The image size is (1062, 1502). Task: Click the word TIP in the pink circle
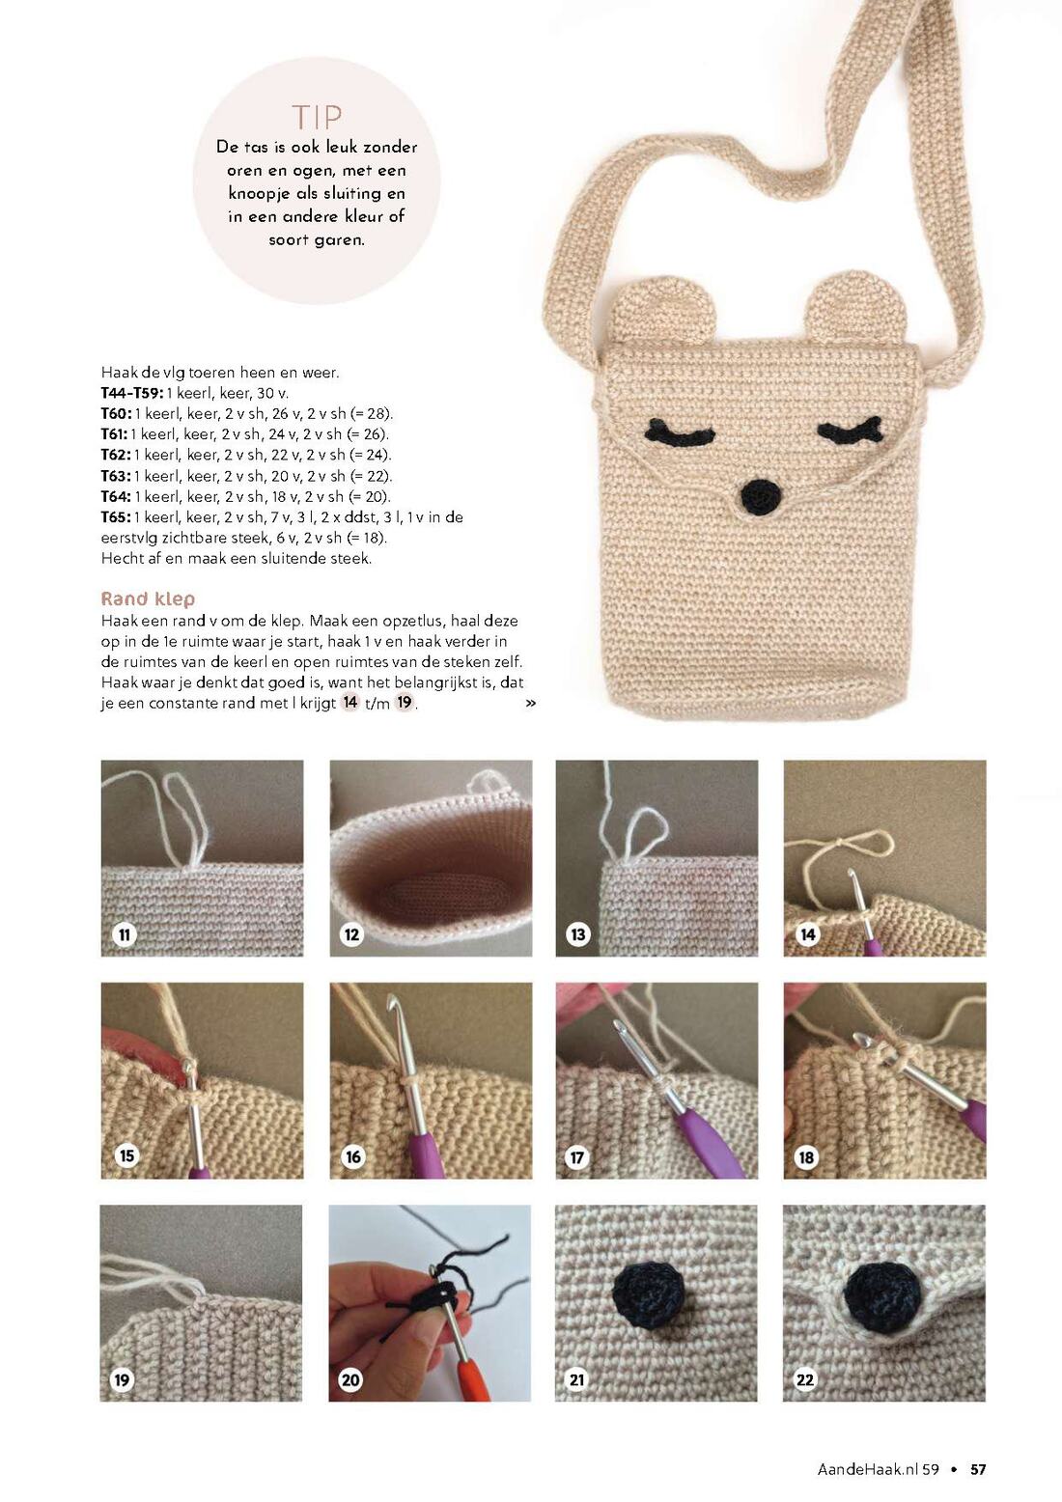tap(317, 118)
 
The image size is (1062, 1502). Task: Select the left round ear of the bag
tap(646, 313)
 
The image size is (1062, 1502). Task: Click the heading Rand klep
tap(148, 598)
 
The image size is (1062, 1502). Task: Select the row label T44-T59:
tap(132, 392)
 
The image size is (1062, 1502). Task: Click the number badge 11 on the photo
tap(124, 934)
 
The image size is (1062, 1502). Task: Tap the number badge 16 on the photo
tap(352, 1156)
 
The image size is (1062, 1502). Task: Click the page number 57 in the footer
tap(978, 1470)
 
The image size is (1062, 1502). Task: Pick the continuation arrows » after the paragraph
tap(530, 704)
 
